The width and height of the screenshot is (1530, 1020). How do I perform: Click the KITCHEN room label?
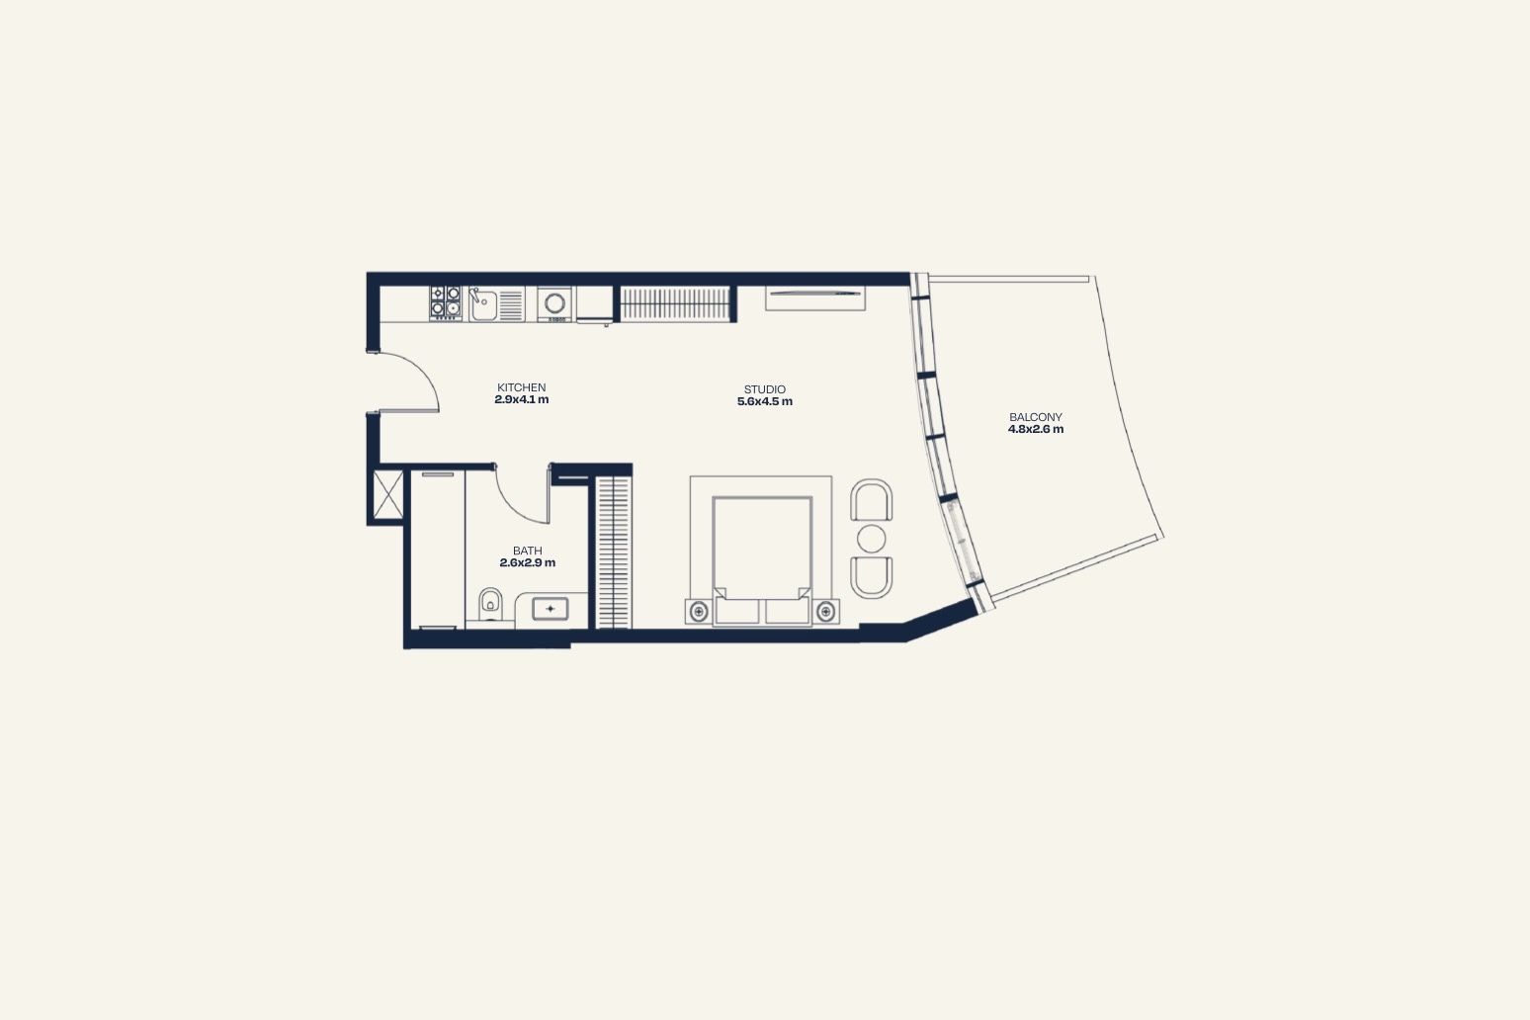click(x=521, y=387)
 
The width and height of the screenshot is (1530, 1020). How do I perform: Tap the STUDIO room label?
click(x=765, y=389)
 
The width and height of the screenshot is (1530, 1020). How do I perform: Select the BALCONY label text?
click(x=1036, y=417)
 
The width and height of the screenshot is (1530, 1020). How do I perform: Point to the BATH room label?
click(x=528, y=551)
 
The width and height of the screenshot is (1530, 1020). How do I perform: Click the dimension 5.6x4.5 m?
click(x=765, y=401)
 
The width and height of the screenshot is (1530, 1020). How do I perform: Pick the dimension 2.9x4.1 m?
click(x=522, y=399)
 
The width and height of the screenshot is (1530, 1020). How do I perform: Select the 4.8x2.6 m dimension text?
click(x=1036, y=429)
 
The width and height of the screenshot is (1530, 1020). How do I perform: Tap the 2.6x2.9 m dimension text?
click(x=528, y=563)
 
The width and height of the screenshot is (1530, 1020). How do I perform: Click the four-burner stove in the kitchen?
click(x=446, y=303)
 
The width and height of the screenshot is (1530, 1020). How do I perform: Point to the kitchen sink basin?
click(x=483, y=304)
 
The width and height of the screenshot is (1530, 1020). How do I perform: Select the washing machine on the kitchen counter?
click(x=554, y=303)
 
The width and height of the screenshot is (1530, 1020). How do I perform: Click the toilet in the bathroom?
click(x=489, y=604)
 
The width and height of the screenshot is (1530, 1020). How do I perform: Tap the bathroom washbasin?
click(x=550, y=609)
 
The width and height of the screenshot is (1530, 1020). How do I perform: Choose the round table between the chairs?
click(x=872, y=539)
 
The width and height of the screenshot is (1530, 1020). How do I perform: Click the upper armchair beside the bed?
click(x=872, y=500)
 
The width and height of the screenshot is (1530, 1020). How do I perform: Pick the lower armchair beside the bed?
click(x=872, y=578)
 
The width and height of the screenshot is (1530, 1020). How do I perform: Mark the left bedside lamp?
click(x=699, y=611)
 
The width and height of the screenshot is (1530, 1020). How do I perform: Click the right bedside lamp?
click(x=826, y=611)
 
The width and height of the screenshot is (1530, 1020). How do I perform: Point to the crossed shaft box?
click(x=388, y=494)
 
